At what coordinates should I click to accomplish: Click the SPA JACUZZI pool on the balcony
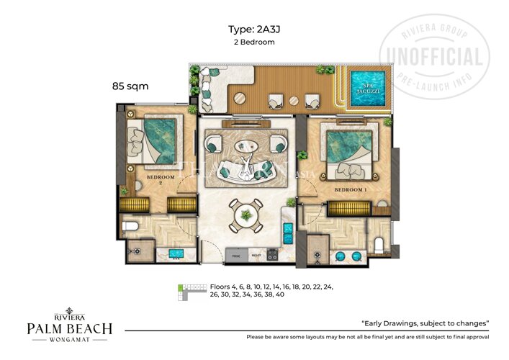(367, 87)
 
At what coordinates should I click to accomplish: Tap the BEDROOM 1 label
(350, 190)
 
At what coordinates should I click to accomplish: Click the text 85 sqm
(130, 86)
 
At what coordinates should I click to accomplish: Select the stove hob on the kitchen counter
(273, 254)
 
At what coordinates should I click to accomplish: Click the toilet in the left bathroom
(131, 227)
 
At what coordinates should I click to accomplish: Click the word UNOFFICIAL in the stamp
(434, 57)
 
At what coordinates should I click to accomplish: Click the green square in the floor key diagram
(181, 288)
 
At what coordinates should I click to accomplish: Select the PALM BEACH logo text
(69, 328)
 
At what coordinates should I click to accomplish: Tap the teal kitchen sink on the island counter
(288, 233)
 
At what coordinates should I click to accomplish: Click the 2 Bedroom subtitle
(254, 42)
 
